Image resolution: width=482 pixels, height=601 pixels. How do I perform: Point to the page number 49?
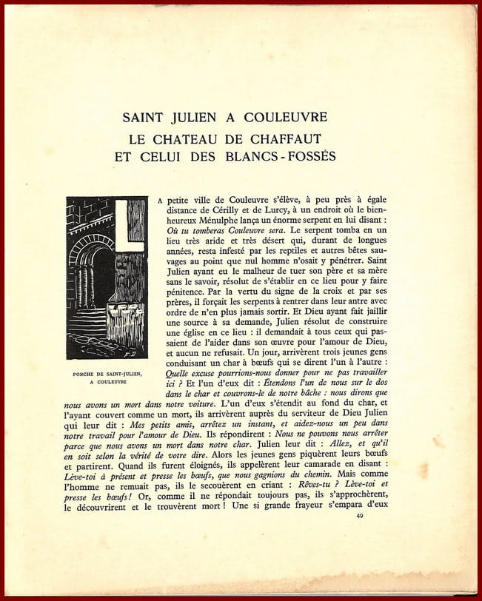361,514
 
